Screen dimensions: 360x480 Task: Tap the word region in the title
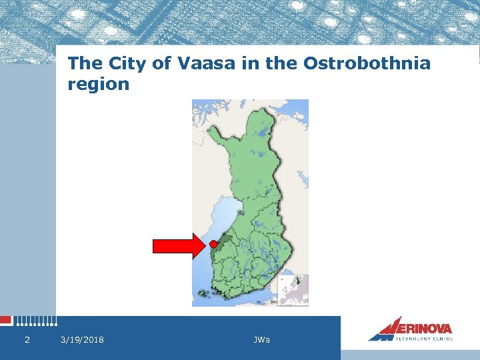tap(99, 84)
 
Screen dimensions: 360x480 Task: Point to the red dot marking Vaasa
tap(213, 244)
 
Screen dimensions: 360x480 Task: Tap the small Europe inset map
tap(293, 290)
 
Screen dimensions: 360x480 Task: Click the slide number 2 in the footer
tap(27, 340)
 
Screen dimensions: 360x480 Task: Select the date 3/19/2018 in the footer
tap(82, 340)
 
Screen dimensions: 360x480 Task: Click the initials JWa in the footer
tap(262, 340)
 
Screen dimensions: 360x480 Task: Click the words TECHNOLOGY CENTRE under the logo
tap(424, 339)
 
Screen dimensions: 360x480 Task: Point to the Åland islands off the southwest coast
tap(203, 293)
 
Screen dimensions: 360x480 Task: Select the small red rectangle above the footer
tap(6, 320)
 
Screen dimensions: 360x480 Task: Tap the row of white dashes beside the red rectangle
tap(35, 321)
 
